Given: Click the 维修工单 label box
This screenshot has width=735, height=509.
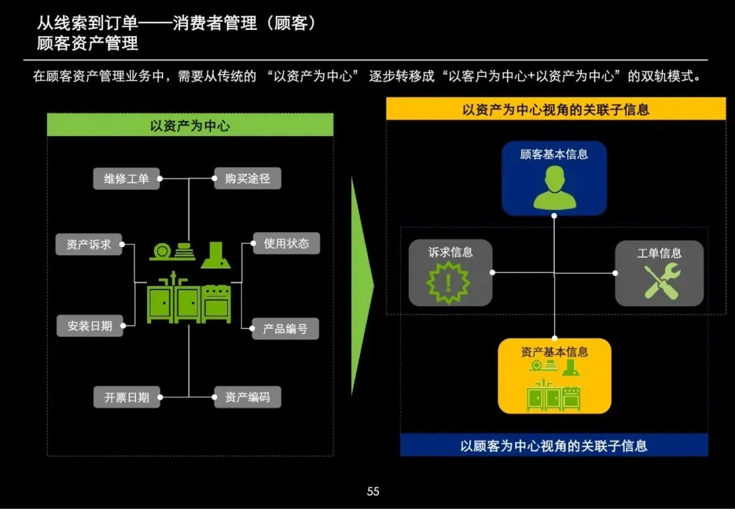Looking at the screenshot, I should (x=127, y=179).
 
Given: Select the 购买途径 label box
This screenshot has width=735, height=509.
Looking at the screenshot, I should (x=247, y=178).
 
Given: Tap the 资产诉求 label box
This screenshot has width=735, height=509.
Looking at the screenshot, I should (x=89, y=244).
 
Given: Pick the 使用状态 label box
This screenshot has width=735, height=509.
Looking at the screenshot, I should (x=286, y=243).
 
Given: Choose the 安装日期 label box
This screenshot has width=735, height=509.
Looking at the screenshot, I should (x=90, y=326).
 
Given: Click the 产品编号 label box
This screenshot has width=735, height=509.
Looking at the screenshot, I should (x=285, y=329).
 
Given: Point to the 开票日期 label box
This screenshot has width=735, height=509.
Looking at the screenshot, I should (x=127, y=397).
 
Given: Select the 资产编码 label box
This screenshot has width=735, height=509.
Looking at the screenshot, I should (x=247, y=397).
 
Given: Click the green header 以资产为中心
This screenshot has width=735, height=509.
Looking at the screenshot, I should (x=190, y=126).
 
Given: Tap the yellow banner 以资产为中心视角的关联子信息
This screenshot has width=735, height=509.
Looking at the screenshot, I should (x=555, y=110).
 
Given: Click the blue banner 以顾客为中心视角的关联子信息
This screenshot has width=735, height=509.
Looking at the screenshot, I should (x=554, y=446).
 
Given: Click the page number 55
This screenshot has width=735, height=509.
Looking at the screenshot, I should (x=373, y=491).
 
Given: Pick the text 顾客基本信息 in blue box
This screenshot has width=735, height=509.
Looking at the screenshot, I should (x=554, y=154).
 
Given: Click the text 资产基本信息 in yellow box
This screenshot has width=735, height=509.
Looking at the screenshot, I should (x=554, y=352).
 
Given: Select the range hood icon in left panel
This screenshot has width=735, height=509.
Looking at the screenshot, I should (x=214, y=255).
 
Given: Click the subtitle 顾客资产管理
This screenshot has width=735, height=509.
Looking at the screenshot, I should (x=88, y=44).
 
